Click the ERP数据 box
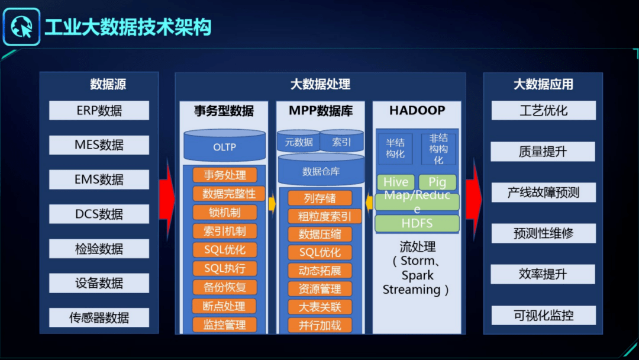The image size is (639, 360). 99,111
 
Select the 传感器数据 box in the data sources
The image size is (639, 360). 99,318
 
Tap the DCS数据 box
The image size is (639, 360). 99,214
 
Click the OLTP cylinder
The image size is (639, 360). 224,146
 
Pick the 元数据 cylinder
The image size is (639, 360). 299,142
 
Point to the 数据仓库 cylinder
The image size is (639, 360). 321,171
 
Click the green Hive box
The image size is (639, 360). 395,182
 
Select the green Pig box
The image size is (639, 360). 437,182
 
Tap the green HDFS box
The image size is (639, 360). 417,223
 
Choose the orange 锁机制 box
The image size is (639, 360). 224,213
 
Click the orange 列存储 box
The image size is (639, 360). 319,198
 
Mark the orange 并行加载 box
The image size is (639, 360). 319,325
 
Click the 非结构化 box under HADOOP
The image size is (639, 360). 438,149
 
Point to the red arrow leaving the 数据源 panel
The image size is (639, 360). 167,191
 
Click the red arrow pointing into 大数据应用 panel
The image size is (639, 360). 474,191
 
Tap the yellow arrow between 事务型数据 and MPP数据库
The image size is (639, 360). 272,204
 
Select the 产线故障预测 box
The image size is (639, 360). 543,193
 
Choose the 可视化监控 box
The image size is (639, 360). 543,316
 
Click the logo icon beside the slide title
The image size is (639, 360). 21,27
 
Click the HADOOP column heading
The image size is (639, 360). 417,111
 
